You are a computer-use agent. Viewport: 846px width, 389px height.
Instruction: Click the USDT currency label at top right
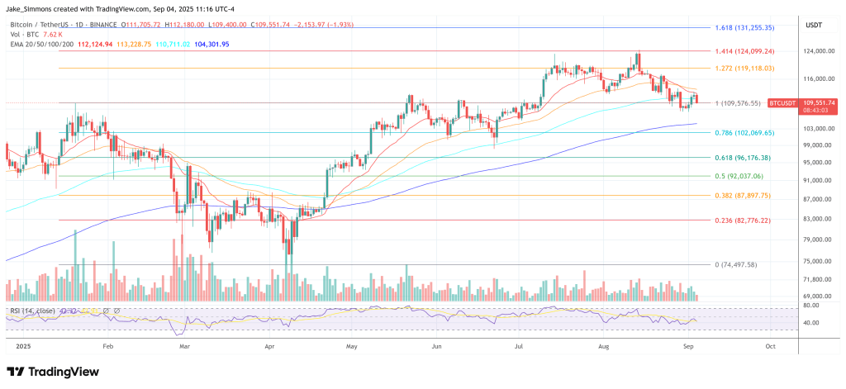click(x=814, y=25)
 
